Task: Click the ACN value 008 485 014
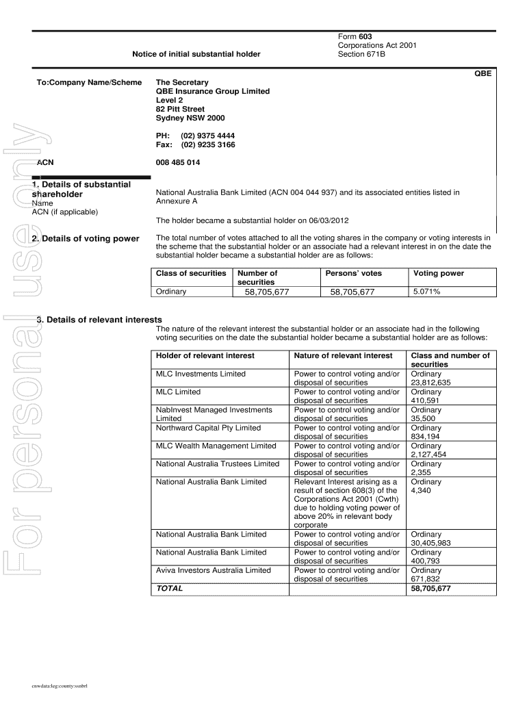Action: tap(179, 163)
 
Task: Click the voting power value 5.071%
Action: tap(426, 292)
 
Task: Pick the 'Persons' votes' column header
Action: tap(353, 273)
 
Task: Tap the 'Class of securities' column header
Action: tap(191, 273)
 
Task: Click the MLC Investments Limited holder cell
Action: tap(201, 374)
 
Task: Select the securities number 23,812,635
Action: tap(430, 383)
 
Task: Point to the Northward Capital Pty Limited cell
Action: tap(208, 428)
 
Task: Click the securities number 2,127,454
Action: tap(428, 455)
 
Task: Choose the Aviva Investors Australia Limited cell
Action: tap(214, 570)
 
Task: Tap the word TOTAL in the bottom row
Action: tap(170, 588)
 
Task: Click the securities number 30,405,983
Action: tap(430, 544)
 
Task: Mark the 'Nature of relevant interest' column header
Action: tap(343, 355)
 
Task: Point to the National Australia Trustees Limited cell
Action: tap(218, 463)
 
